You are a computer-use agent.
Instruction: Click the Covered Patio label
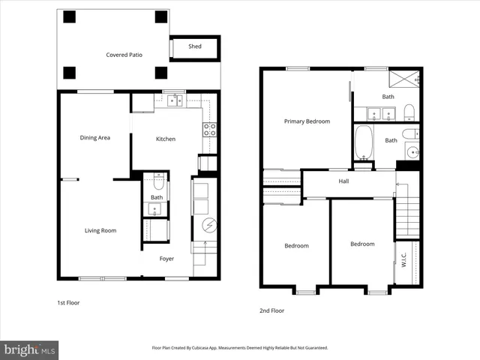(124, 55)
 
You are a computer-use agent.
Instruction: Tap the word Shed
(194, 46)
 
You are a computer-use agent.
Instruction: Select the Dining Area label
(95, 137)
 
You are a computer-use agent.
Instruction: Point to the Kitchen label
(166, 139)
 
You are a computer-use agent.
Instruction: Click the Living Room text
(100, 230)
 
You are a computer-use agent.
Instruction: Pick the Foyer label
(166, 259)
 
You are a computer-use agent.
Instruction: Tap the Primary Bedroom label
(307, 121)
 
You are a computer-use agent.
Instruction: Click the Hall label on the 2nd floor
(343, 181)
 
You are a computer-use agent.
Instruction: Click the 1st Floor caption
(68, 303)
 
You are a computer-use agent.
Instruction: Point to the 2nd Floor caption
(272, 310)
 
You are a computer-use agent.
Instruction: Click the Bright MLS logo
(30, 349)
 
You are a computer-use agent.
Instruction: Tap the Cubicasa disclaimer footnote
(240, 348)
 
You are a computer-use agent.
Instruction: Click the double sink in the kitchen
(175, 100)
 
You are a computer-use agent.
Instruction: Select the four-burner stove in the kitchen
(210, 129)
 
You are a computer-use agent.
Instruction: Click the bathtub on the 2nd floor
(364, 142)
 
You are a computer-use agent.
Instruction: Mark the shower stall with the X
(404, 79)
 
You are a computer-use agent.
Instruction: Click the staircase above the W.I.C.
(406, 214)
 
